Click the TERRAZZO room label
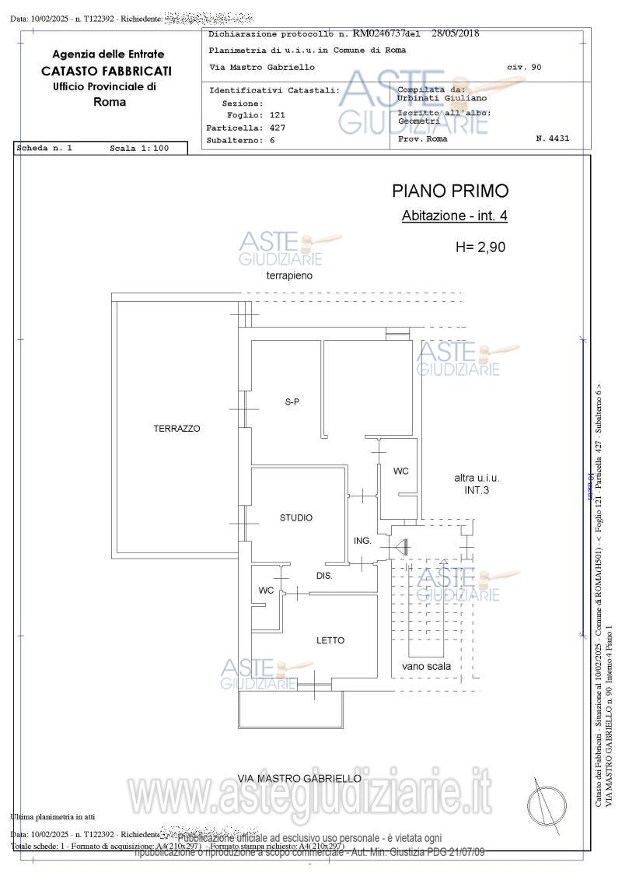176,429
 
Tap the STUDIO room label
296,518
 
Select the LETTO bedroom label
330,641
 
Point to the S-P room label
292,402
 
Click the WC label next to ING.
400,472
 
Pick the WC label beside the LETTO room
266,591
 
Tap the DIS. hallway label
324,577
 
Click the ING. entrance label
362,541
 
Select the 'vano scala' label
426,667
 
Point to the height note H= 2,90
480,247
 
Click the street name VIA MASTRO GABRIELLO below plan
299,778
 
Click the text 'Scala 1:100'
139,148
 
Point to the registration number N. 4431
553,138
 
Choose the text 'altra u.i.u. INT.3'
477,484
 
